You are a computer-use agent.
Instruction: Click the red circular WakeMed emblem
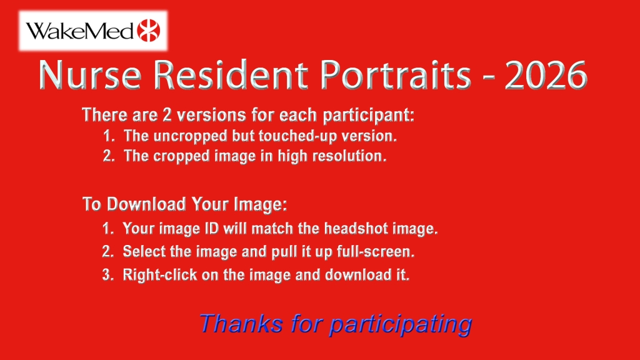[x=149, y=30]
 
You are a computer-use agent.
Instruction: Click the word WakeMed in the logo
[x=79, y=31]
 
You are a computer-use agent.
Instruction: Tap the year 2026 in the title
[x=546, y=75]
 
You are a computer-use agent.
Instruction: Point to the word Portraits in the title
[x=396, y=75]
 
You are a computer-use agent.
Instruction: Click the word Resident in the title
[x=231, y=75]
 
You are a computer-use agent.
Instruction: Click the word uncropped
[x=190, y=136]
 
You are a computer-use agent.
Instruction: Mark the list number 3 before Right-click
[x=107, y=275]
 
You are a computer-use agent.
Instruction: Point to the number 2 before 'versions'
[x=167, y=116]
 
